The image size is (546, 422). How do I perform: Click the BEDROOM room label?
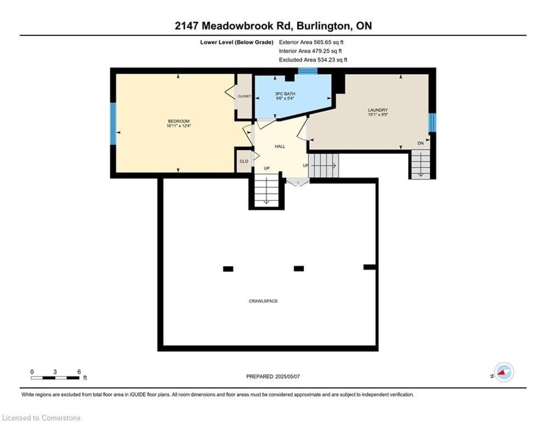(x=179, y=121)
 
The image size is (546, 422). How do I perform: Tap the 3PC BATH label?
(x=285, y=94)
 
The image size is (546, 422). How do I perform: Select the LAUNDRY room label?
(x=378, y=110)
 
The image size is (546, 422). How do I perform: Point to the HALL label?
(x=280, y=147)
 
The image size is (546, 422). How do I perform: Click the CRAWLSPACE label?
(x=263, y=301)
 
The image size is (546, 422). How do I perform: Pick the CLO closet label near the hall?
(x=244, y=161)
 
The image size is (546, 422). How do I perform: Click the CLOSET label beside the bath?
(x=244, y=96)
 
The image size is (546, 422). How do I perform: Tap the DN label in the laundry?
(x=421, y=143)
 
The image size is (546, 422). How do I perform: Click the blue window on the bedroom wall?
(x=113, y=124)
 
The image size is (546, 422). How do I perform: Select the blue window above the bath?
(x=308, y=71)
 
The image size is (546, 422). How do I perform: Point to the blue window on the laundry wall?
(x=432, y=123)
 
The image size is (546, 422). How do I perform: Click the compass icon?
(x=504, y=372)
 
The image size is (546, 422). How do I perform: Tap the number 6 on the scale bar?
(x=79, y=372)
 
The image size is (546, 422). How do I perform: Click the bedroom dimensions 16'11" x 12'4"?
(x=179, y=126)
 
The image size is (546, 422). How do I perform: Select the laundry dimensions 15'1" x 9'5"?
(x=378, y=114)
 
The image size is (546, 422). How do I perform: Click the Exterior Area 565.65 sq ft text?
(x=311, y=42)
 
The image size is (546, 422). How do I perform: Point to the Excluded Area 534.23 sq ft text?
(x=313, y=60)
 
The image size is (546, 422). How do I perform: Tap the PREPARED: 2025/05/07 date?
(x=273, y=376)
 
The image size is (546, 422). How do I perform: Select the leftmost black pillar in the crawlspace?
(x=228, y=269)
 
